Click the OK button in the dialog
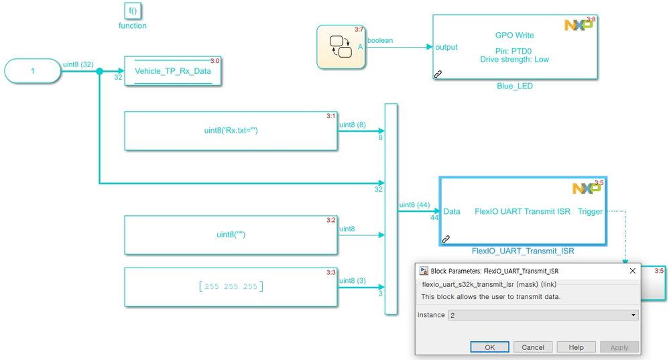pyautogui.click(x=489, y=347)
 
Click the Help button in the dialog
pyautogui.click(x=576, y=347)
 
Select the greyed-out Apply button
pyautogui.click(x=619, y=347)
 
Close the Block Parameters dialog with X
pyautogui.click(x=631, y=272)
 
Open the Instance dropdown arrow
pyautogui.click(x=633, y=315)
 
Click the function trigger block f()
pyautogui.click(x=133, y=11)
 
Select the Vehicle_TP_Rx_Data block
pyautogui.click(x=173, y=71)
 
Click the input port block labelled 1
pyautogui.click(x=32, y=70)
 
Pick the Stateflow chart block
pyautogui.click(x=341, y=47)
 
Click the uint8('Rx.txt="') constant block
pyautogui.click(x=231, y=131)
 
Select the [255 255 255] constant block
pyautogui.click(x=231, y=287)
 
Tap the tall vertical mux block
pyautogui.click(x=391, y=208)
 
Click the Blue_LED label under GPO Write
pyautogui.click(x=515, y=86)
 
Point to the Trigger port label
pyautogui.click(x=589, y=211)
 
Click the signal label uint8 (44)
pyautogui.click(x=414, y=204)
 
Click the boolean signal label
pyautogui.click(x=379, y=40)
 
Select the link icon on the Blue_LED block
pyautogui.click(x=438, y=75)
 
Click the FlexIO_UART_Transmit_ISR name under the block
pyautogui.click(x=523, y=251)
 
